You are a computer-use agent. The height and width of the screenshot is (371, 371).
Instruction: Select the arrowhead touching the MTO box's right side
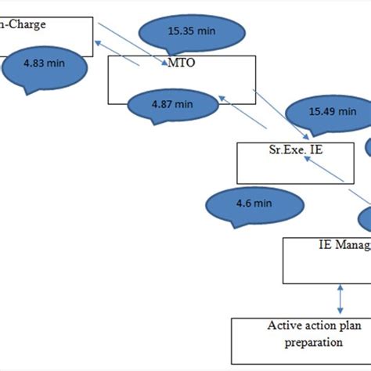[222, 98]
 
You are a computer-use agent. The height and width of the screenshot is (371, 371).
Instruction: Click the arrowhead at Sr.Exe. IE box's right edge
[307, 155]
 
